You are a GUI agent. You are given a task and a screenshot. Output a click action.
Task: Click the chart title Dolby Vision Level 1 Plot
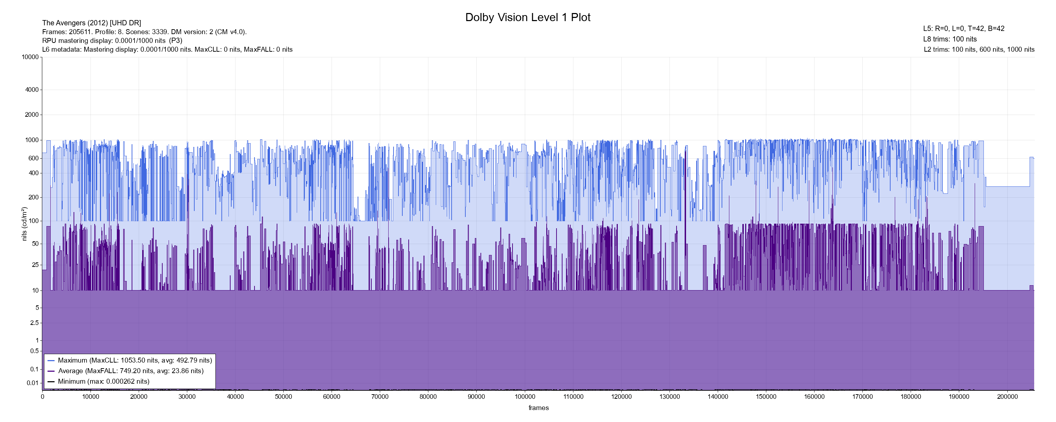pos(528,17)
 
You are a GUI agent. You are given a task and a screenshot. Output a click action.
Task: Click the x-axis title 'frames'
pos(538,408)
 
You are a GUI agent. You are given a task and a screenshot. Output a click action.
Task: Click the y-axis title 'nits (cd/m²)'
pos(24,224)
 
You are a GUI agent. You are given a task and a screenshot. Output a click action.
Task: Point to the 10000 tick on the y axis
pos(30,57)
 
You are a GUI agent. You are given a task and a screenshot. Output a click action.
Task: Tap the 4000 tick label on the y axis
pos(32,90)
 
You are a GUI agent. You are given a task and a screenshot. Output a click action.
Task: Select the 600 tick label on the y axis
pos(33,158)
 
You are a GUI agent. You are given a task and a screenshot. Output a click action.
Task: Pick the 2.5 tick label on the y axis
pos(34,323)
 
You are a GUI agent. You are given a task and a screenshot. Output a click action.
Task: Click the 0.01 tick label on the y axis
pos(32,383)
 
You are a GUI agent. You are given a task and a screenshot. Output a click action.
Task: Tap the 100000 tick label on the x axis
pos(525,397)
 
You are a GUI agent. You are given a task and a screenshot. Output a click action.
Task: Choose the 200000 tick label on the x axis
pos(1007,397)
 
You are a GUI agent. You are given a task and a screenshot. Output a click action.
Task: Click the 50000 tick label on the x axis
pos(283,397)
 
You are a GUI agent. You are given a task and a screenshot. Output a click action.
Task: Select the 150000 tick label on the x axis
pos(766,397)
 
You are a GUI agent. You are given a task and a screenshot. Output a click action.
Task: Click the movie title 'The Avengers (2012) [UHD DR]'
pos(92,23)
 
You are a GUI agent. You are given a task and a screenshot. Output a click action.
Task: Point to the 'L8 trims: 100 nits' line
pos(950,39)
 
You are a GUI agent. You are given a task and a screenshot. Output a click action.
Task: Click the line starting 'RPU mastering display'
pos(112,40)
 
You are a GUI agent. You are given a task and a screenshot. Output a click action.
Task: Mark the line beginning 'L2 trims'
pos(979,50)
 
